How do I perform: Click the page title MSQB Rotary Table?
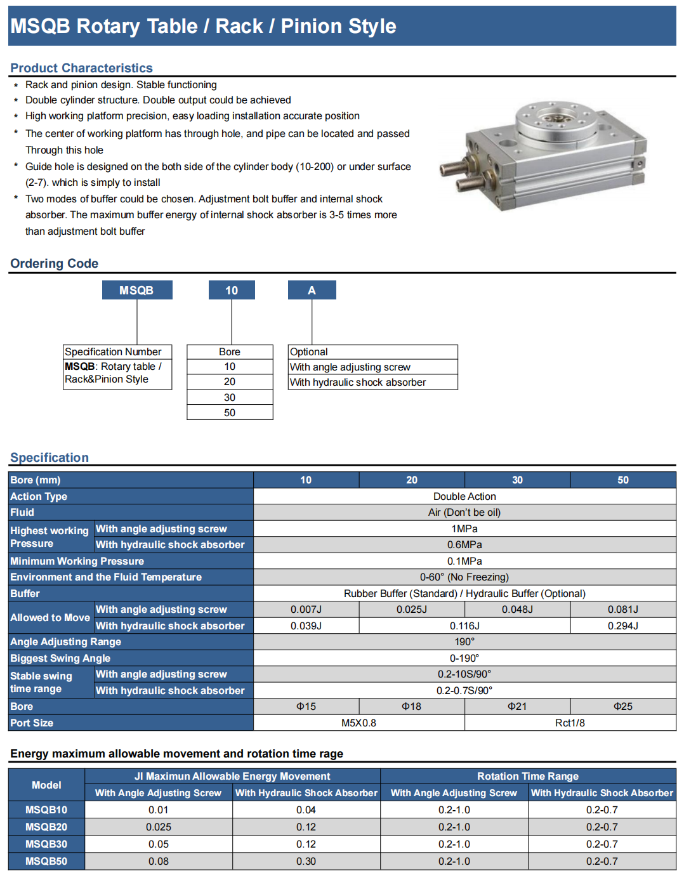pos(203,26)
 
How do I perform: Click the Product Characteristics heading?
pos(81,68)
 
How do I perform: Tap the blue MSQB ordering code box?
pos(137,290)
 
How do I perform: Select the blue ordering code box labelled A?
pos(312,290)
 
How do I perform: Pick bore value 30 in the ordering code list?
pos(230,397)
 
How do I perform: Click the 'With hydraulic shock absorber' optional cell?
pos(358,382)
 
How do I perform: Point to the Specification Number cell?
pos(113,351)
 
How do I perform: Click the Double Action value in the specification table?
pos(464,496)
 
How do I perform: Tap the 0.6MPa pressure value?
pos(464,544)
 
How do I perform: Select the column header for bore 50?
pos(623,480)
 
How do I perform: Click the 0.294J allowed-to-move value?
pos(623,626)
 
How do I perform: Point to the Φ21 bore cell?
pos(517,706)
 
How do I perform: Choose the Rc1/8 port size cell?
pos(570,723)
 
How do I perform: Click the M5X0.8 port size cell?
pos(358,723)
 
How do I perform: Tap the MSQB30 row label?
pos(46,844)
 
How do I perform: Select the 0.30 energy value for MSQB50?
pos(306,861)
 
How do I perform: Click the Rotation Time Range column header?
pos(528,776)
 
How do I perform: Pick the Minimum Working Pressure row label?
pos(77,561)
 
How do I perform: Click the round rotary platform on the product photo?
pos(556,121)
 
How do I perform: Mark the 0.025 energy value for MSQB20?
pos(159,827)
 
